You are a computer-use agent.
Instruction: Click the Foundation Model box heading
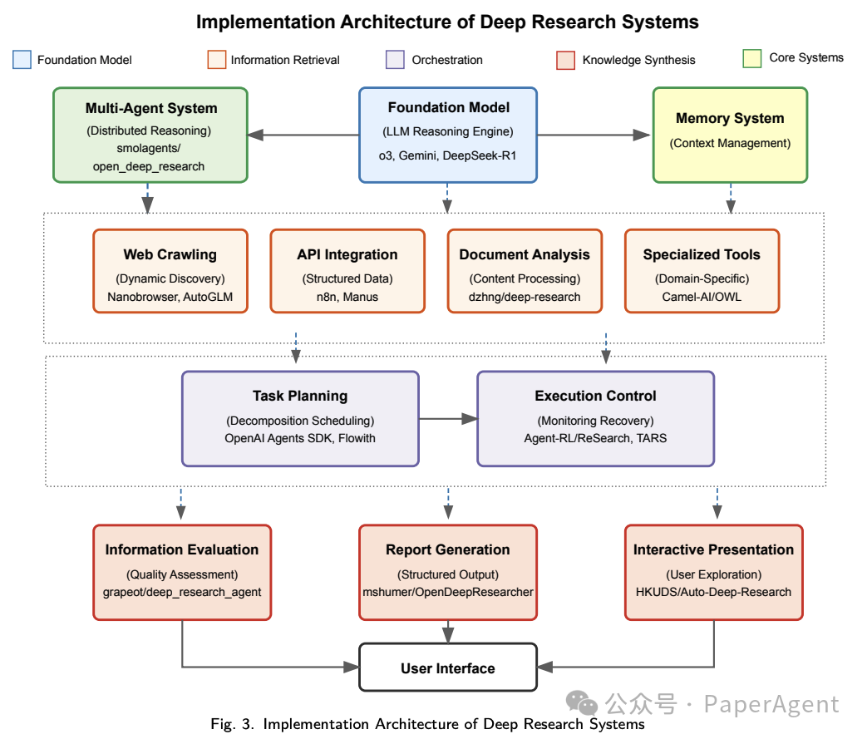448,107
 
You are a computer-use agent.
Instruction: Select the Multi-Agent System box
150,135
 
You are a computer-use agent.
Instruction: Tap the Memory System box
730,135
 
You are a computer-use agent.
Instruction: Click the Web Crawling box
170,271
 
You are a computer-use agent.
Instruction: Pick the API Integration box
347,271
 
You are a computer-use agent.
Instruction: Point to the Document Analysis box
525,271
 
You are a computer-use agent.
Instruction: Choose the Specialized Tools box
702,271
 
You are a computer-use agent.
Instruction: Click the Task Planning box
300,418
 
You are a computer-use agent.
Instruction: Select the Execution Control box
595,418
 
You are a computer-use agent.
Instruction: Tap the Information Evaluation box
181,572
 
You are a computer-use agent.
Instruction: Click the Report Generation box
447,572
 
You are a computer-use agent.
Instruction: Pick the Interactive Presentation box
713,572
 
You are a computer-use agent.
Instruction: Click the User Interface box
447,668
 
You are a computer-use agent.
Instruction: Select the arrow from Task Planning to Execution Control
447,419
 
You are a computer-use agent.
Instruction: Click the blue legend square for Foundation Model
22,60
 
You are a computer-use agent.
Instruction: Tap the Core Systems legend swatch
751,58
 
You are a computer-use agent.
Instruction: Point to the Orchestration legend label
446,60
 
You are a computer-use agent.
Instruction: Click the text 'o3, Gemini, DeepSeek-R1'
448,156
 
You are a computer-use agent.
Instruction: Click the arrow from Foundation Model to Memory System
594,135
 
